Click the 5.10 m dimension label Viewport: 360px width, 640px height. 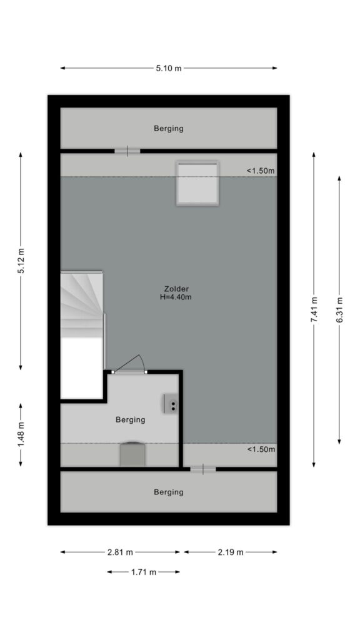click(169, 68)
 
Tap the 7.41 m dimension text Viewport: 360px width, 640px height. click(314, 310)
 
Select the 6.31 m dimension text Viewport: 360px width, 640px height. click(339, 310)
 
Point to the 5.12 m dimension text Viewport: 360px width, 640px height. click(21, 261)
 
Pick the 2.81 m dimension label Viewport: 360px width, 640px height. click(120, 552)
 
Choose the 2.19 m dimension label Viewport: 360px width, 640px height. click(231, 552)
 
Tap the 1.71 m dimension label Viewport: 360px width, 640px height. click(144, 572)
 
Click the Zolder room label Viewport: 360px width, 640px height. click(176, 289)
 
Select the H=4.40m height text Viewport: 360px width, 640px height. click(176, 297)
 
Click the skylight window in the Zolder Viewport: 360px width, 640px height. click(197, 183)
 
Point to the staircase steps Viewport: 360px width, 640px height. click(81, 304)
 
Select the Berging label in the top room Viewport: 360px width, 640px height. click(169, 129)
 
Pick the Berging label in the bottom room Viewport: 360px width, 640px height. click(169, 492)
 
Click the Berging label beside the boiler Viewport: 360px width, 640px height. click(130, 419)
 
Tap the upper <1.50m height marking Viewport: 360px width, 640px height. click(261, 171)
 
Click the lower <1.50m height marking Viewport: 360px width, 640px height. click(261, 449)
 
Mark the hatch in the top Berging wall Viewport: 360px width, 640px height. click(127, 151)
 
